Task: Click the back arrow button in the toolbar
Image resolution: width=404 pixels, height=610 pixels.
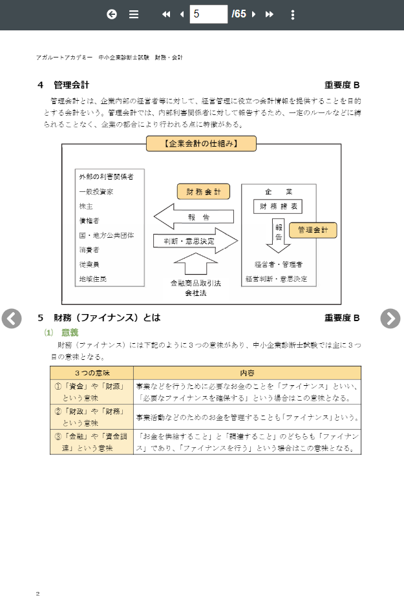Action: tap(112, 14)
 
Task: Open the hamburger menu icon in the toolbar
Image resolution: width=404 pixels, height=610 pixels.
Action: tap(134, 14)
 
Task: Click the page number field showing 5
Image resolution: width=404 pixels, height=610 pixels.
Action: tap(208, 14)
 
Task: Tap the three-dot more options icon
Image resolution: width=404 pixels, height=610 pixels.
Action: tap(293, 14)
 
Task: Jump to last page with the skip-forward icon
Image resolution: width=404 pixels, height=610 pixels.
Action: tap(270, 14)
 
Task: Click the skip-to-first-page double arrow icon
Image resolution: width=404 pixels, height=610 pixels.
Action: tap(166, 14)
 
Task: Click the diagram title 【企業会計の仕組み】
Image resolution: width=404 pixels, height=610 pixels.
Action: tap(201, 143)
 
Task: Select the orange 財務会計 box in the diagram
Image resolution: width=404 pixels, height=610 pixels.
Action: tap(204, 192)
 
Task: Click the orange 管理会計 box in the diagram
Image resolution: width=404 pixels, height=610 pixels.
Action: tap(313, 230)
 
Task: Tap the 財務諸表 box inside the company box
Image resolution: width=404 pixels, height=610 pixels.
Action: tap(278, 207)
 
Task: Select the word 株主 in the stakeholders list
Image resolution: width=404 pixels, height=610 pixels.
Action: tap(86, 206)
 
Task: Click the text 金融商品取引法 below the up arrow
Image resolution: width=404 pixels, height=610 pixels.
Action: tap(196, 283)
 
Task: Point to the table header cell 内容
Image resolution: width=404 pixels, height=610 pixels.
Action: tap(247, 373)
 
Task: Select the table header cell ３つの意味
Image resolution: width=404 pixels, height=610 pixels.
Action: tap(92, 373)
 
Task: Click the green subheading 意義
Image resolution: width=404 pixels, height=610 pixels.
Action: tap(70, 332)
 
